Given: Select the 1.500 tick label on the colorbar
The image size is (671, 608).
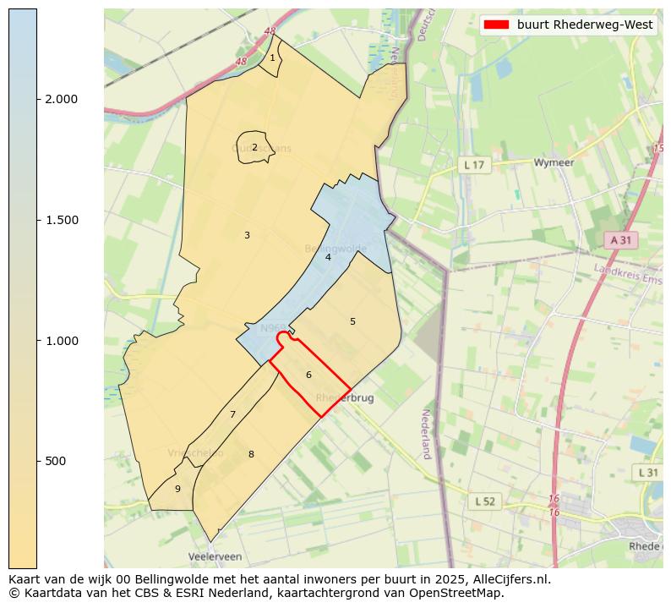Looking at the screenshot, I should pos(61,220).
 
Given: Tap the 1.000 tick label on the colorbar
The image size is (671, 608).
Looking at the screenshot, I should pos(61,341).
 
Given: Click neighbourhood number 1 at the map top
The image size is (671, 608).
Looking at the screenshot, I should pos(272,58).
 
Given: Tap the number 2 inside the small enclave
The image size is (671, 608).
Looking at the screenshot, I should pos(254,147).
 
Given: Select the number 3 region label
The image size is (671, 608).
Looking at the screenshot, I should pos(247,235).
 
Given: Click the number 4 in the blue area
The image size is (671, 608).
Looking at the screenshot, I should pos(328,257).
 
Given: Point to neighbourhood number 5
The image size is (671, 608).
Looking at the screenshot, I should pos(352,321).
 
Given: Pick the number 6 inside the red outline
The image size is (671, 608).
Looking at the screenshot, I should pos(308,375).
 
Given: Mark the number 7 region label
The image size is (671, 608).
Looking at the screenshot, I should pos(232,414).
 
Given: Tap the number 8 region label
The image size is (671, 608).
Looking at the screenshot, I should pos(251,454).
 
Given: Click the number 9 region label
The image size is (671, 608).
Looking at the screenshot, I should pos(177,489).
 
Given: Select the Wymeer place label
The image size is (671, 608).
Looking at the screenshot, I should pos(554,162).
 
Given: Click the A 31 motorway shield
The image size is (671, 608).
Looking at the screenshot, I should pos(621,240).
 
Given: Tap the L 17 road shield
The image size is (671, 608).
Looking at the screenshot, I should pos(474,165).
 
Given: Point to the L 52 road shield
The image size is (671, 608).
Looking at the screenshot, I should pos(484,501).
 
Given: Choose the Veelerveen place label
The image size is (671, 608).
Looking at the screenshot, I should pos(215,557).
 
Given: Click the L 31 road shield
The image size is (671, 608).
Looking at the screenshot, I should pos(647,472).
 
